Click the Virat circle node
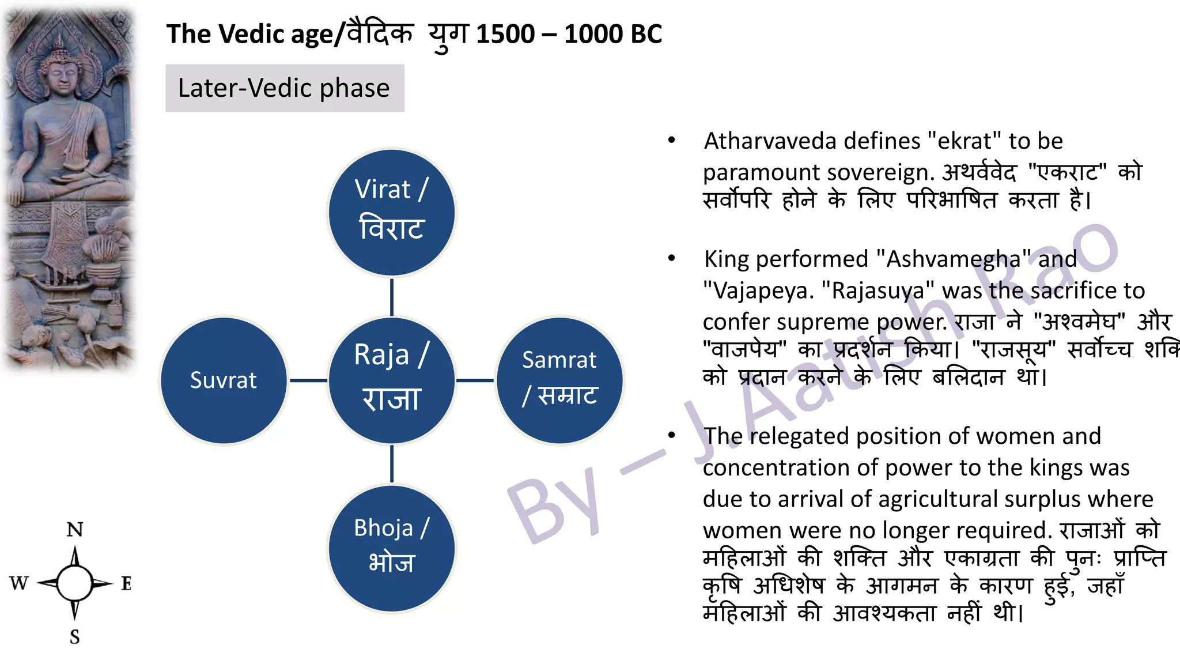pos(392,213)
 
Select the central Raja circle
pos(392,380)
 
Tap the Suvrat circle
pos(224,380)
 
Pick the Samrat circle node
pos(559,380)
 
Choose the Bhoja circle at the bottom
pos(392,548)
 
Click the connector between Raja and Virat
pos(392,297)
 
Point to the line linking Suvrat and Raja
pos(308,380)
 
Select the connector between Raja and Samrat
pos(475,380)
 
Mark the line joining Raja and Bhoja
pos(392,464)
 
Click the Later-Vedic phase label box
pos(285,88)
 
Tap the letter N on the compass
pos(75,530)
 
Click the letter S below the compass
pos(75,637)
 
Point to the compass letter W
pos(18,583)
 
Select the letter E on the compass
pos(126,583)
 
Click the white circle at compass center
pos(75,583)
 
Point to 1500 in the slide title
pos(505,34)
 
